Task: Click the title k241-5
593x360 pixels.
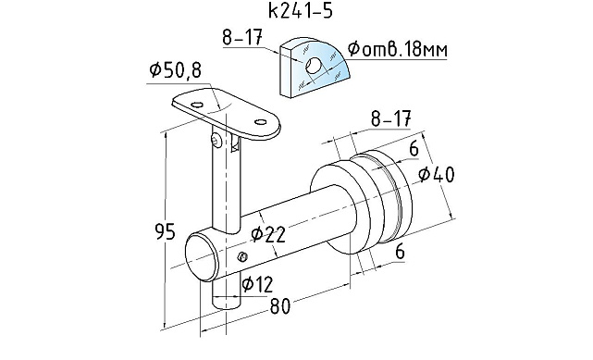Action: (301, 11)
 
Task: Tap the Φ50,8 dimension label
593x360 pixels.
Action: (176, 70)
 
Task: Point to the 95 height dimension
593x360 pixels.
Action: (166, 231)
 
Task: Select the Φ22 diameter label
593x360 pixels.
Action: (267, 234)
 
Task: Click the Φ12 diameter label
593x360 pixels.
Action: (257, 284)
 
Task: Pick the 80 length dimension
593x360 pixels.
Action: (280, 306)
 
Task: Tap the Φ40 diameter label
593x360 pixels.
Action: (437, 174)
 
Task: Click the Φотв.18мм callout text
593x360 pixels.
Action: (398, 49)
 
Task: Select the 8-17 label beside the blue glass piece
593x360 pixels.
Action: (242, 37)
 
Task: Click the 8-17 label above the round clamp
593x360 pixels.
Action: (390, 118)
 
